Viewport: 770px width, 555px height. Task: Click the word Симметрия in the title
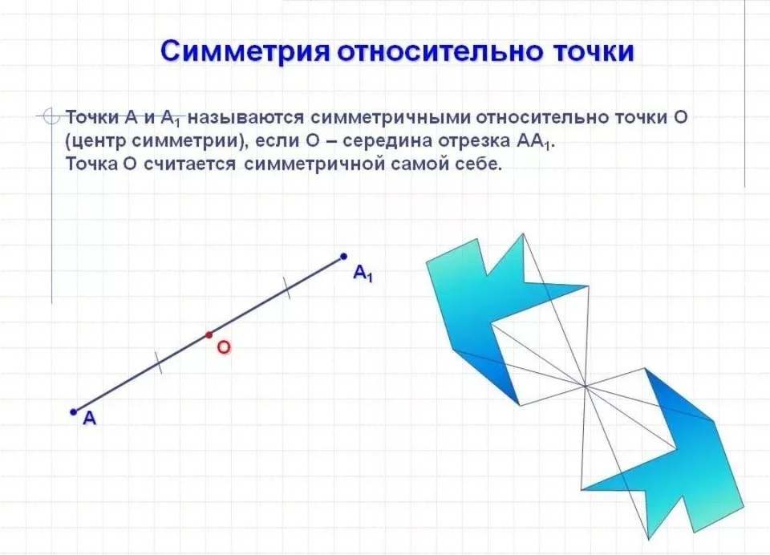(245, 51)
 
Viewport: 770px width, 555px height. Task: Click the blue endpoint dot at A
(74, 411)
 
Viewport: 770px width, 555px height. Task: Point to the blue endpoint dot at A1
(344, 257)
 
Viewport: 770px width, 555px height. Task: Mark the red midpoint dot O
(209, 335)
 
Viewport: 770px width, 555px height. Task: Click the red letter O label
(224, 348)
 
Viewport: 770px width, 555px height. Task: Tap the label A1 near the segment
(363, 273)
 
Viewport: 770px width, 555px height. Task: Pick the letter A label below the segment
(89, 418)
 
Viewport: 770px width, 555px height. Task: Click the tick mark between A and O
(158, 363)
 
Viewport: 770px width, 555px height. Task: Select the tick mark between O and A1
(286, 287)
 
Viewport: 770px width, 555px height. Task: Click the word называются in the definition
(247, 118)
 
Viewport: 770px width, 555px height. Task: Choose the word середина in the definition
(387, 141)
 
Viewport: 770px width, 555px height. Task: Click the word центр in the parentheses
(95, 142)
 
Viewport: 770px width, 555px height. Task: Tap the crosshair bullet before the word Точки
(50, 117)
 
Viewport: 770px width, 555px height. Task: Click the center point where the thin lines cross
(585, 386)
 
